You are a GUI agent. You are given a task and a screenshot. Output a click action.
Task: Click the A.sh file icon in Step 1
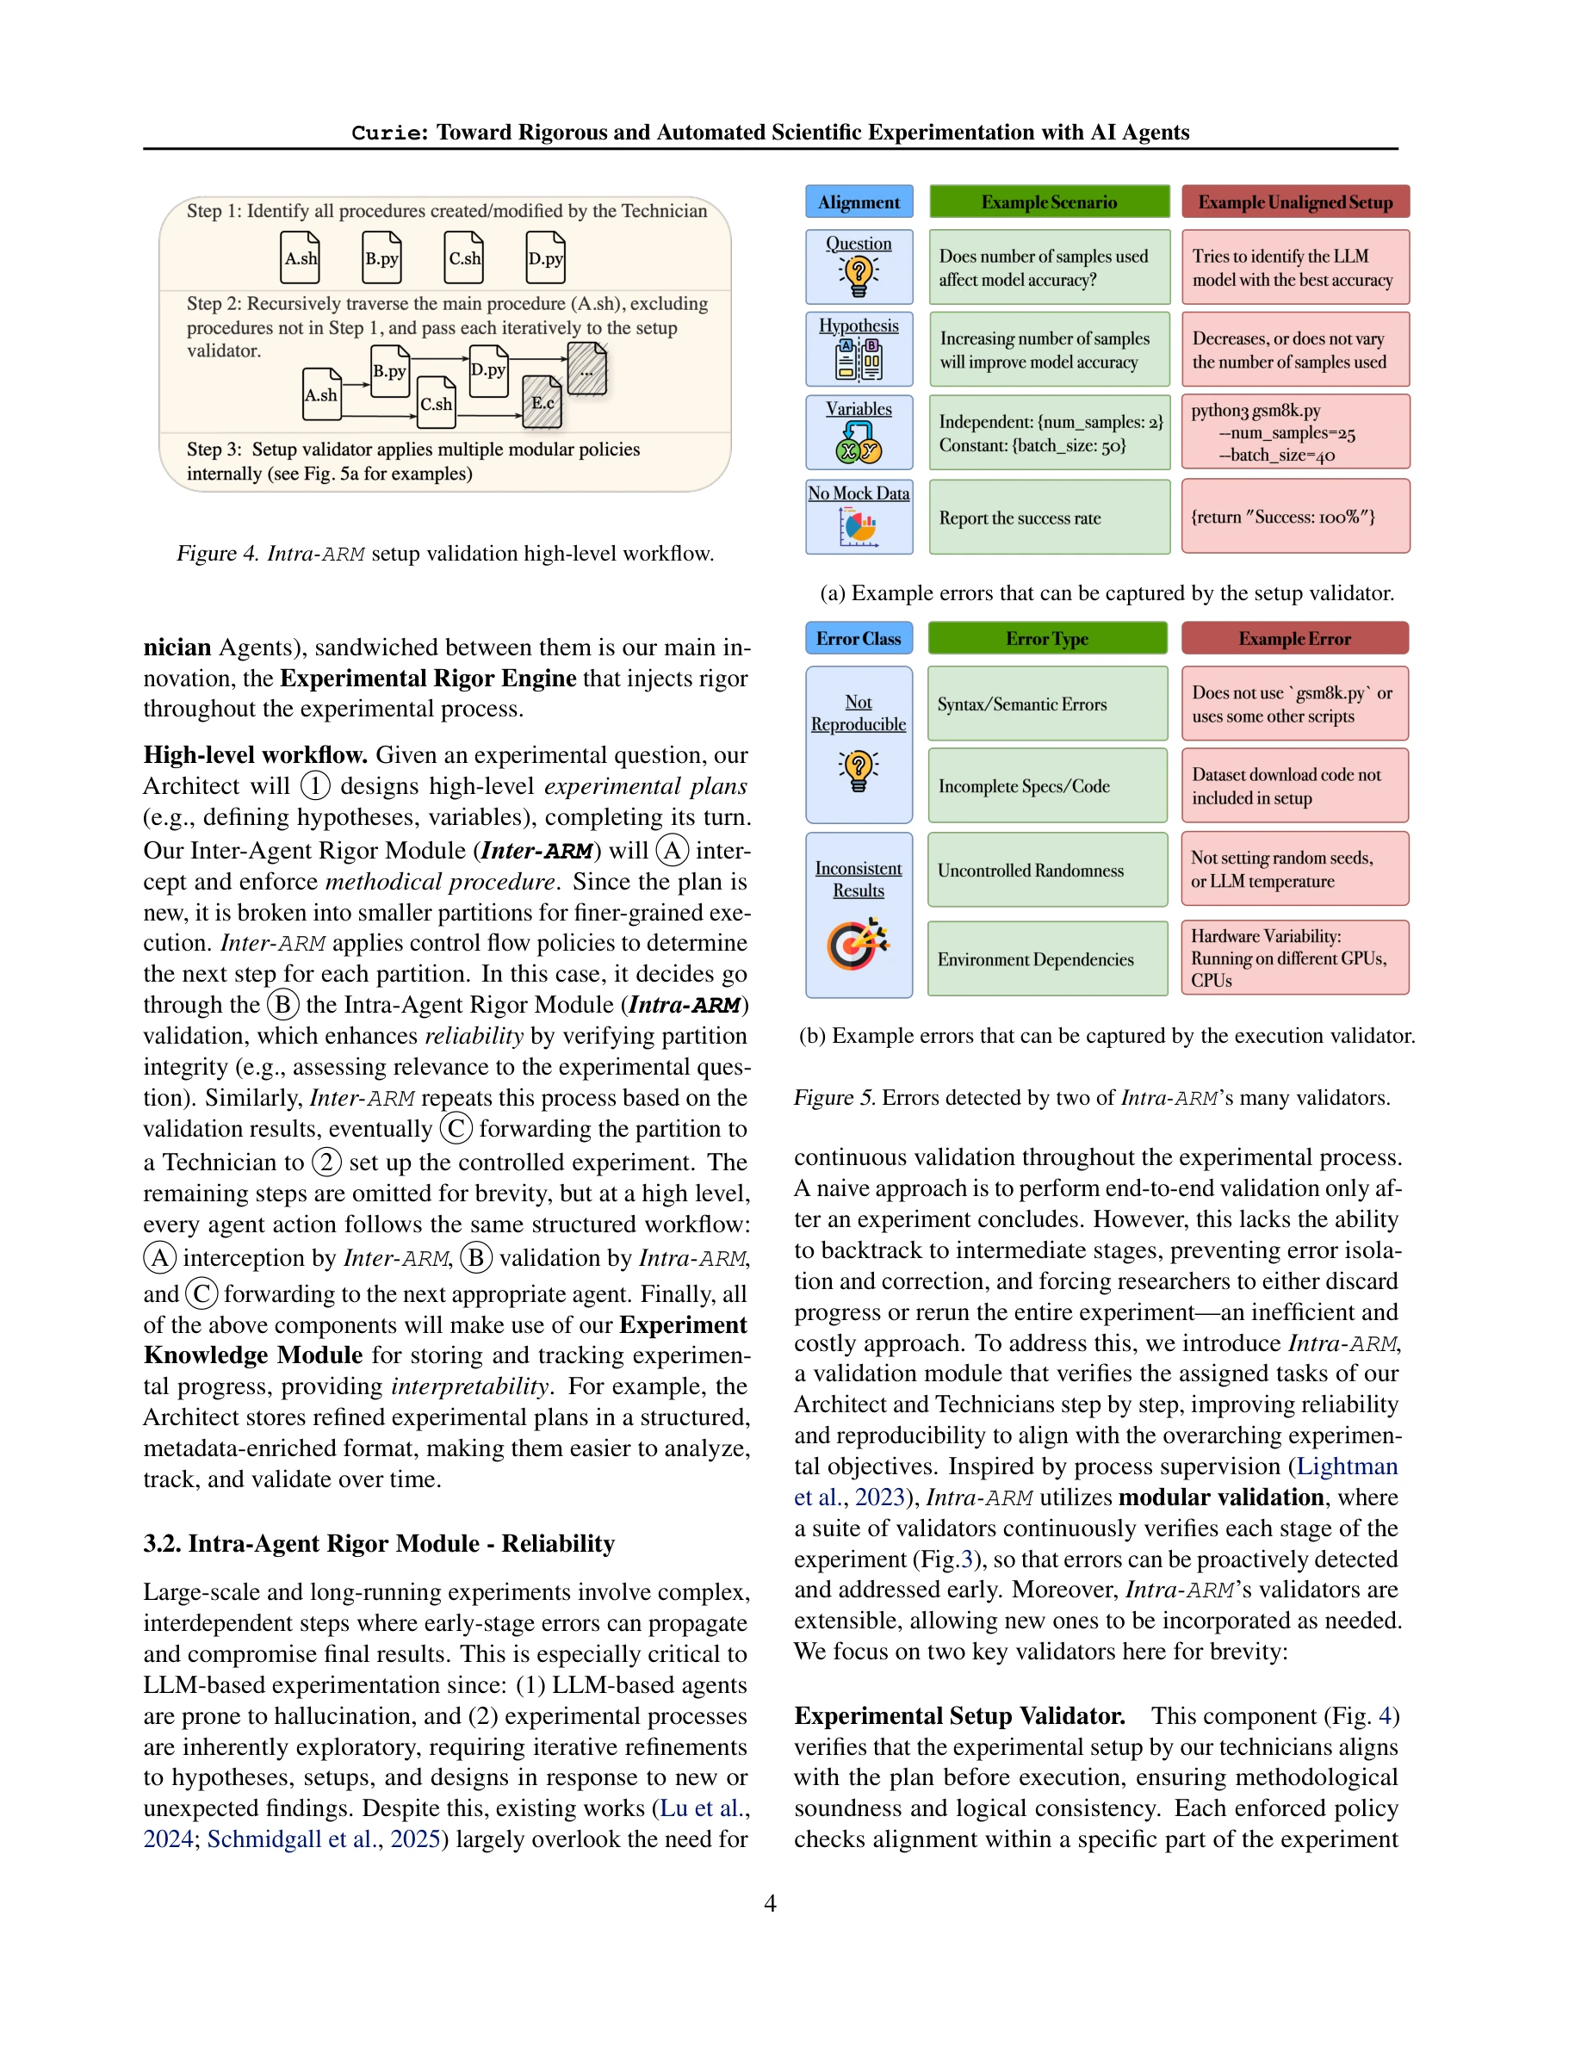pyautogui.click(x=301, y=257)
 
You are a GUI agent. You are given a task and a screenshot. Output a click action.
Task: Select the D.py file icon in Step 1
pyautogui.click(x=545, y=257)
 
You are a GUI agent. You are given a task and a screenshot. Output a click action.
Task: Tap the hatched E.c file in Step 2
pyautogui.click(x=542, y=402)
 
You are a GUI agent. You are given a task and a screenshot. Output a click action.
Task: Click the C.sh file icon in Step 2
pyautogui.click(x=436, y=403)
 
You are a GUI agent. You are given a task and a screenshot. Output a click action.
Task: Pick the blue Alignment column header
pyautogui.click(x=858, y=202)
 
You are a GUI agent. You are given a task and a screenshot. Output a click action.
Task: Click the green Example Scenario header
pyautogui.click(x=1048, y=202)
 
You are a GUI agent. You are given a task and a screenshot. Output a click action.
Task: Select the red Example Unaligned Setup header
pyautogui.click(x=1294, y=202)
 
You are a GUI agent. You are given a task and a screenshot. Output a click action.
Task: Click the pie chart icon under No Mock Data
pyautogui.click(x=858, y=527)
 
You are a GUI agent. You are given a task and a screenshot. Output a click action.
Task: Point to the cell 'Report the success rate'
pyautogui.click(x=1048, y=518)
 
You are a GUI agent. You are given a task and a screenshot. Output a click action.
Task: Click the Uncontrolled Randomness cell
pyautogui.click(x=1047, y=871)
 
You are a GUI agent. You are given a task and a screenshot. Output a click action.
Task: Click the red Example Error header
pyautogui.click(x=1294, y=639)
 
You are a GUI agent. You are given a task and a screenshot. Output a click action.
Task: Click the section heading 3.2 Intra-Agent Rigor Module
pyautogui.click(x=378, y=1544)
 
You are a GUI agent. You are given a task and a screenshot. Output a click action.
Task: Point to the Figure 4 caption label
pyautogui.click(x=217, y=554)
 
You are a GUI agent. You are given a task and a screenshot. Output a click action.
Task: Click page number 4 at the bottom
pyautogui.click(x=770, y=1904)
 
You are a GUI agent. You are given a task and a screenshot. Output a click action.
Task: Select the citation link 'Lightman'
pyautogui.click(x=1346, y=1467)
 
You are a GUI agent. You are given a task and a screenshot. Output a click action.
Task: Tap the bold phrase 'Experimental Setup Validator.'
pyautogui.click(x=959, y=1715)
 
